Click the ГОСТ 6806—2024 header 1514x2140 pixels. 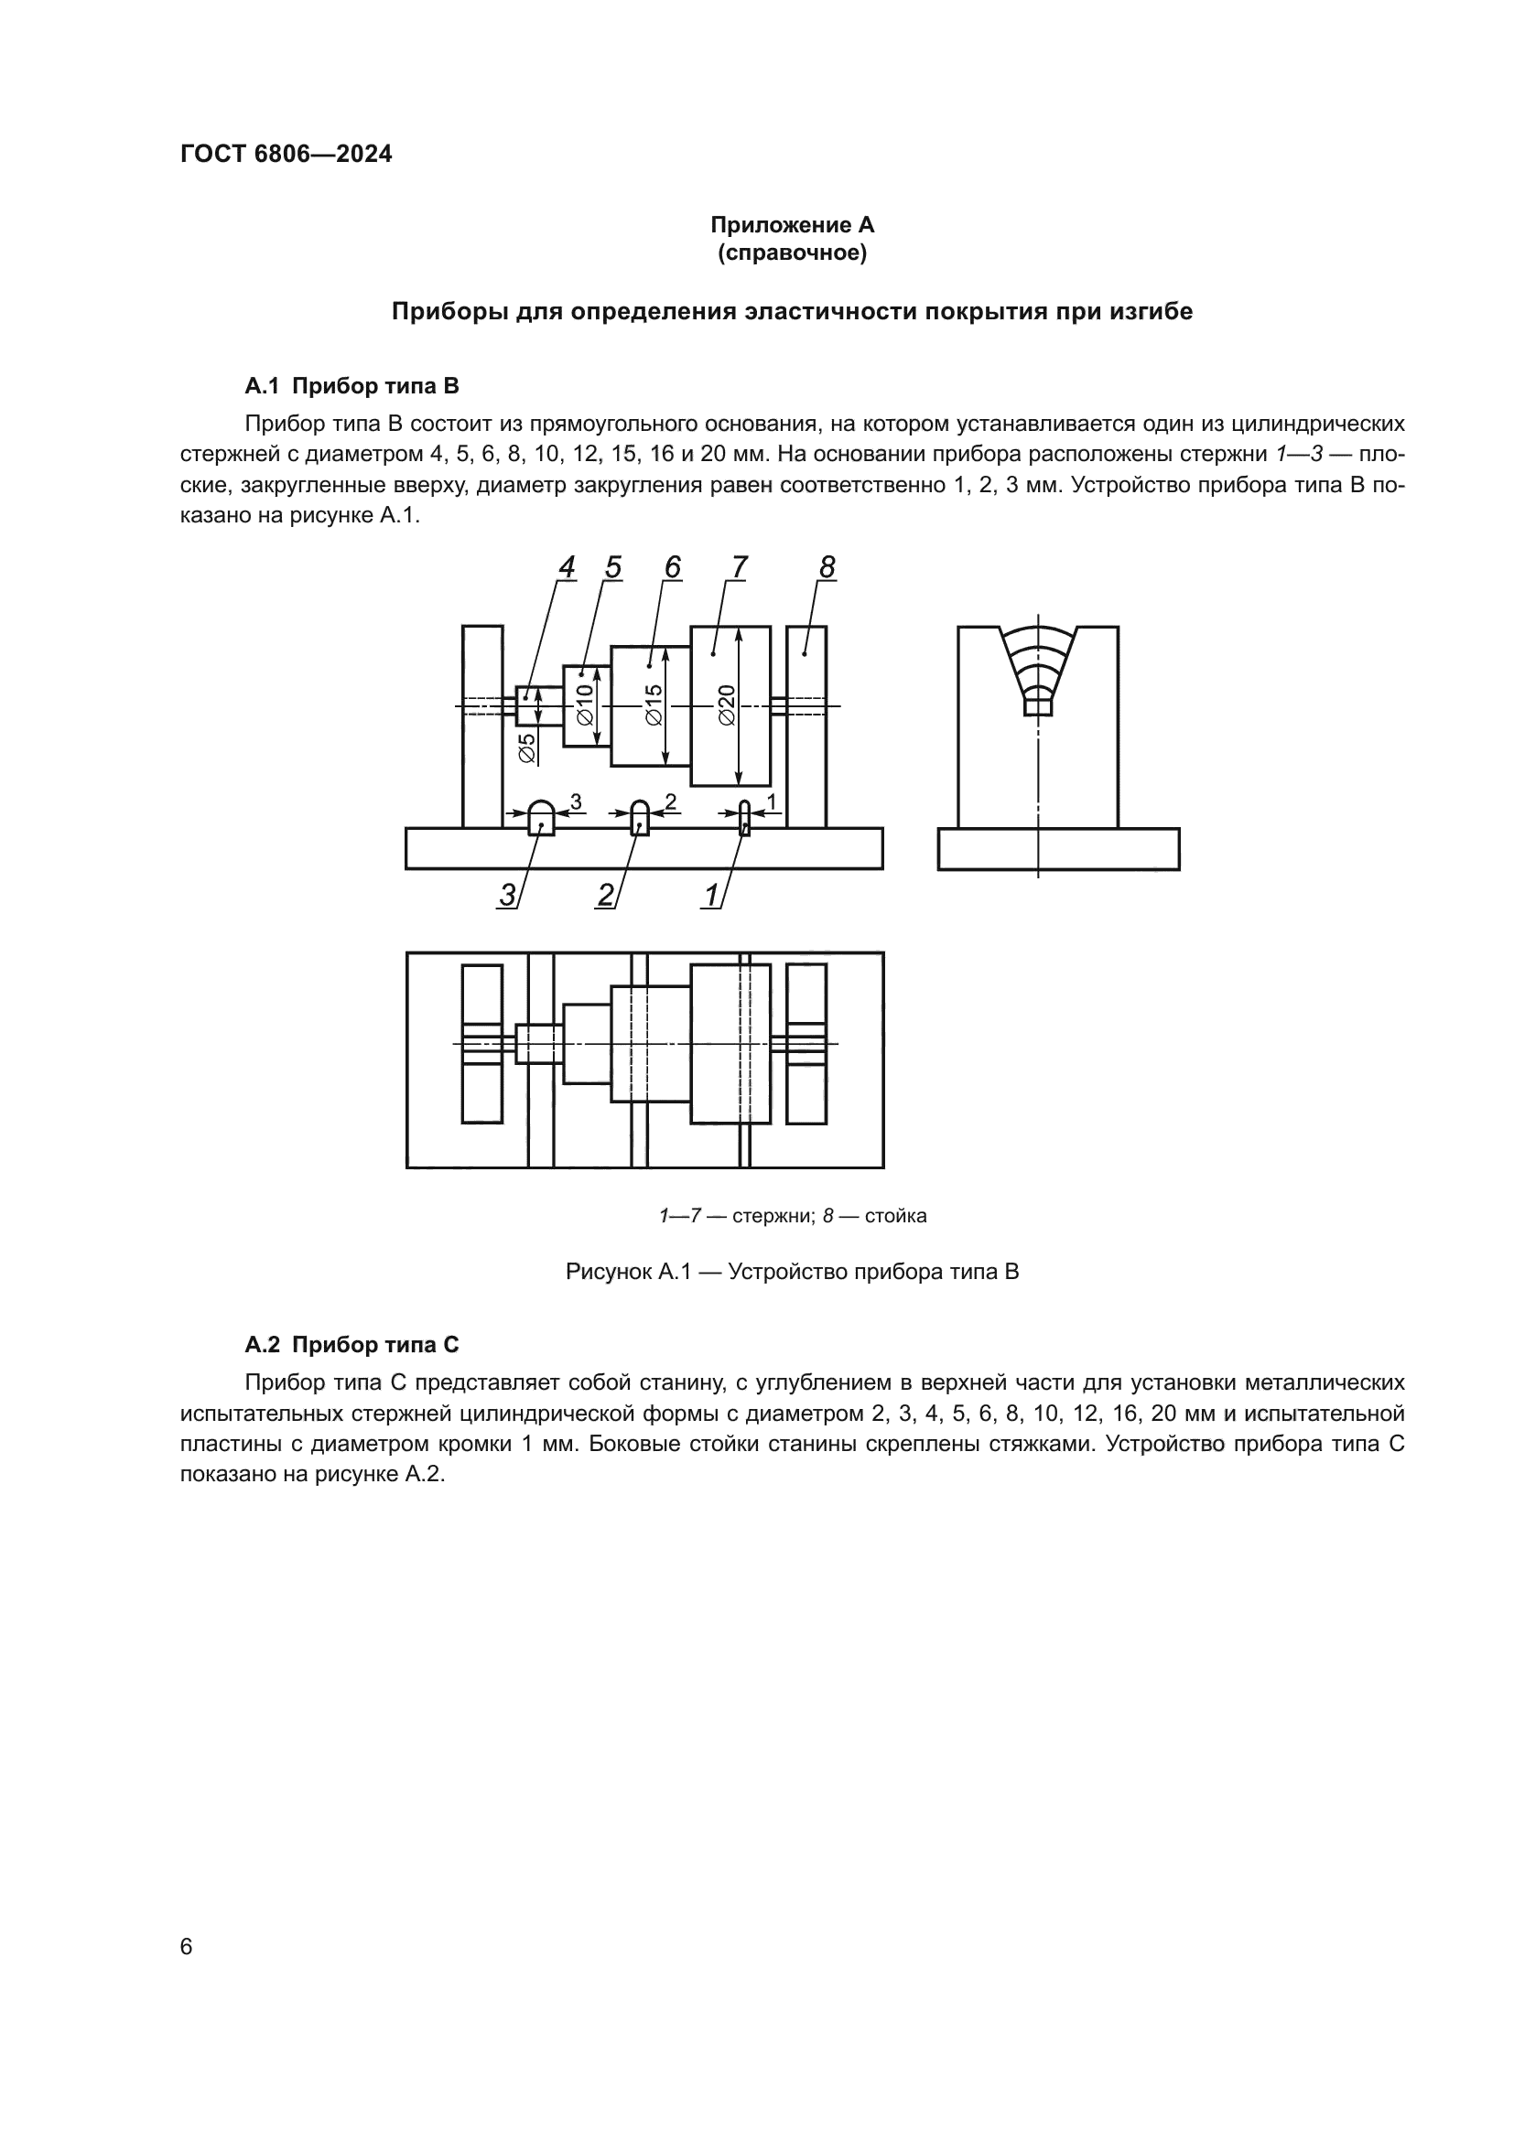287,155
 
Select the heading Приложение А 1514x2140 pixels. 792,225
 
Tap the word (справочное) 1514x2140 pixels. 792,253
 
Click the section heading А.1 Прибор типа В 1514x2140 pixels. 351,386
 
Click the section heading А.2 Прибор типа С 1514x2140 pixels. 351,1345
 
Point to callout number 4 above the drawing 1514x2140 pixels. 567,566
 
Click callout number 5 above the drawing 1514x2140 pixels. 612,566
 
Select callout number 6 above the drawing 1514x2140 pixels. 673,566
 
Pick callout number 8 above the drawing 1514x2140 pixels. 827,566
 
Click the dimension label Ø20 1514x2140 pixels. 727,705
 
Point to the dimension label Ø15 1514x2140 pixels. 654,705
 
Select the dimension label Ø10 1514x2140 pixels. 585,705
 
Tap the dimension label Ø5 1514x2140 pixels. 527,748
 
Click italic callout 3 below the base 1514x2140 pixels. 507,896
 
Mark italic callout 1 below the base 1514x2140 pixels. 711,896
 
